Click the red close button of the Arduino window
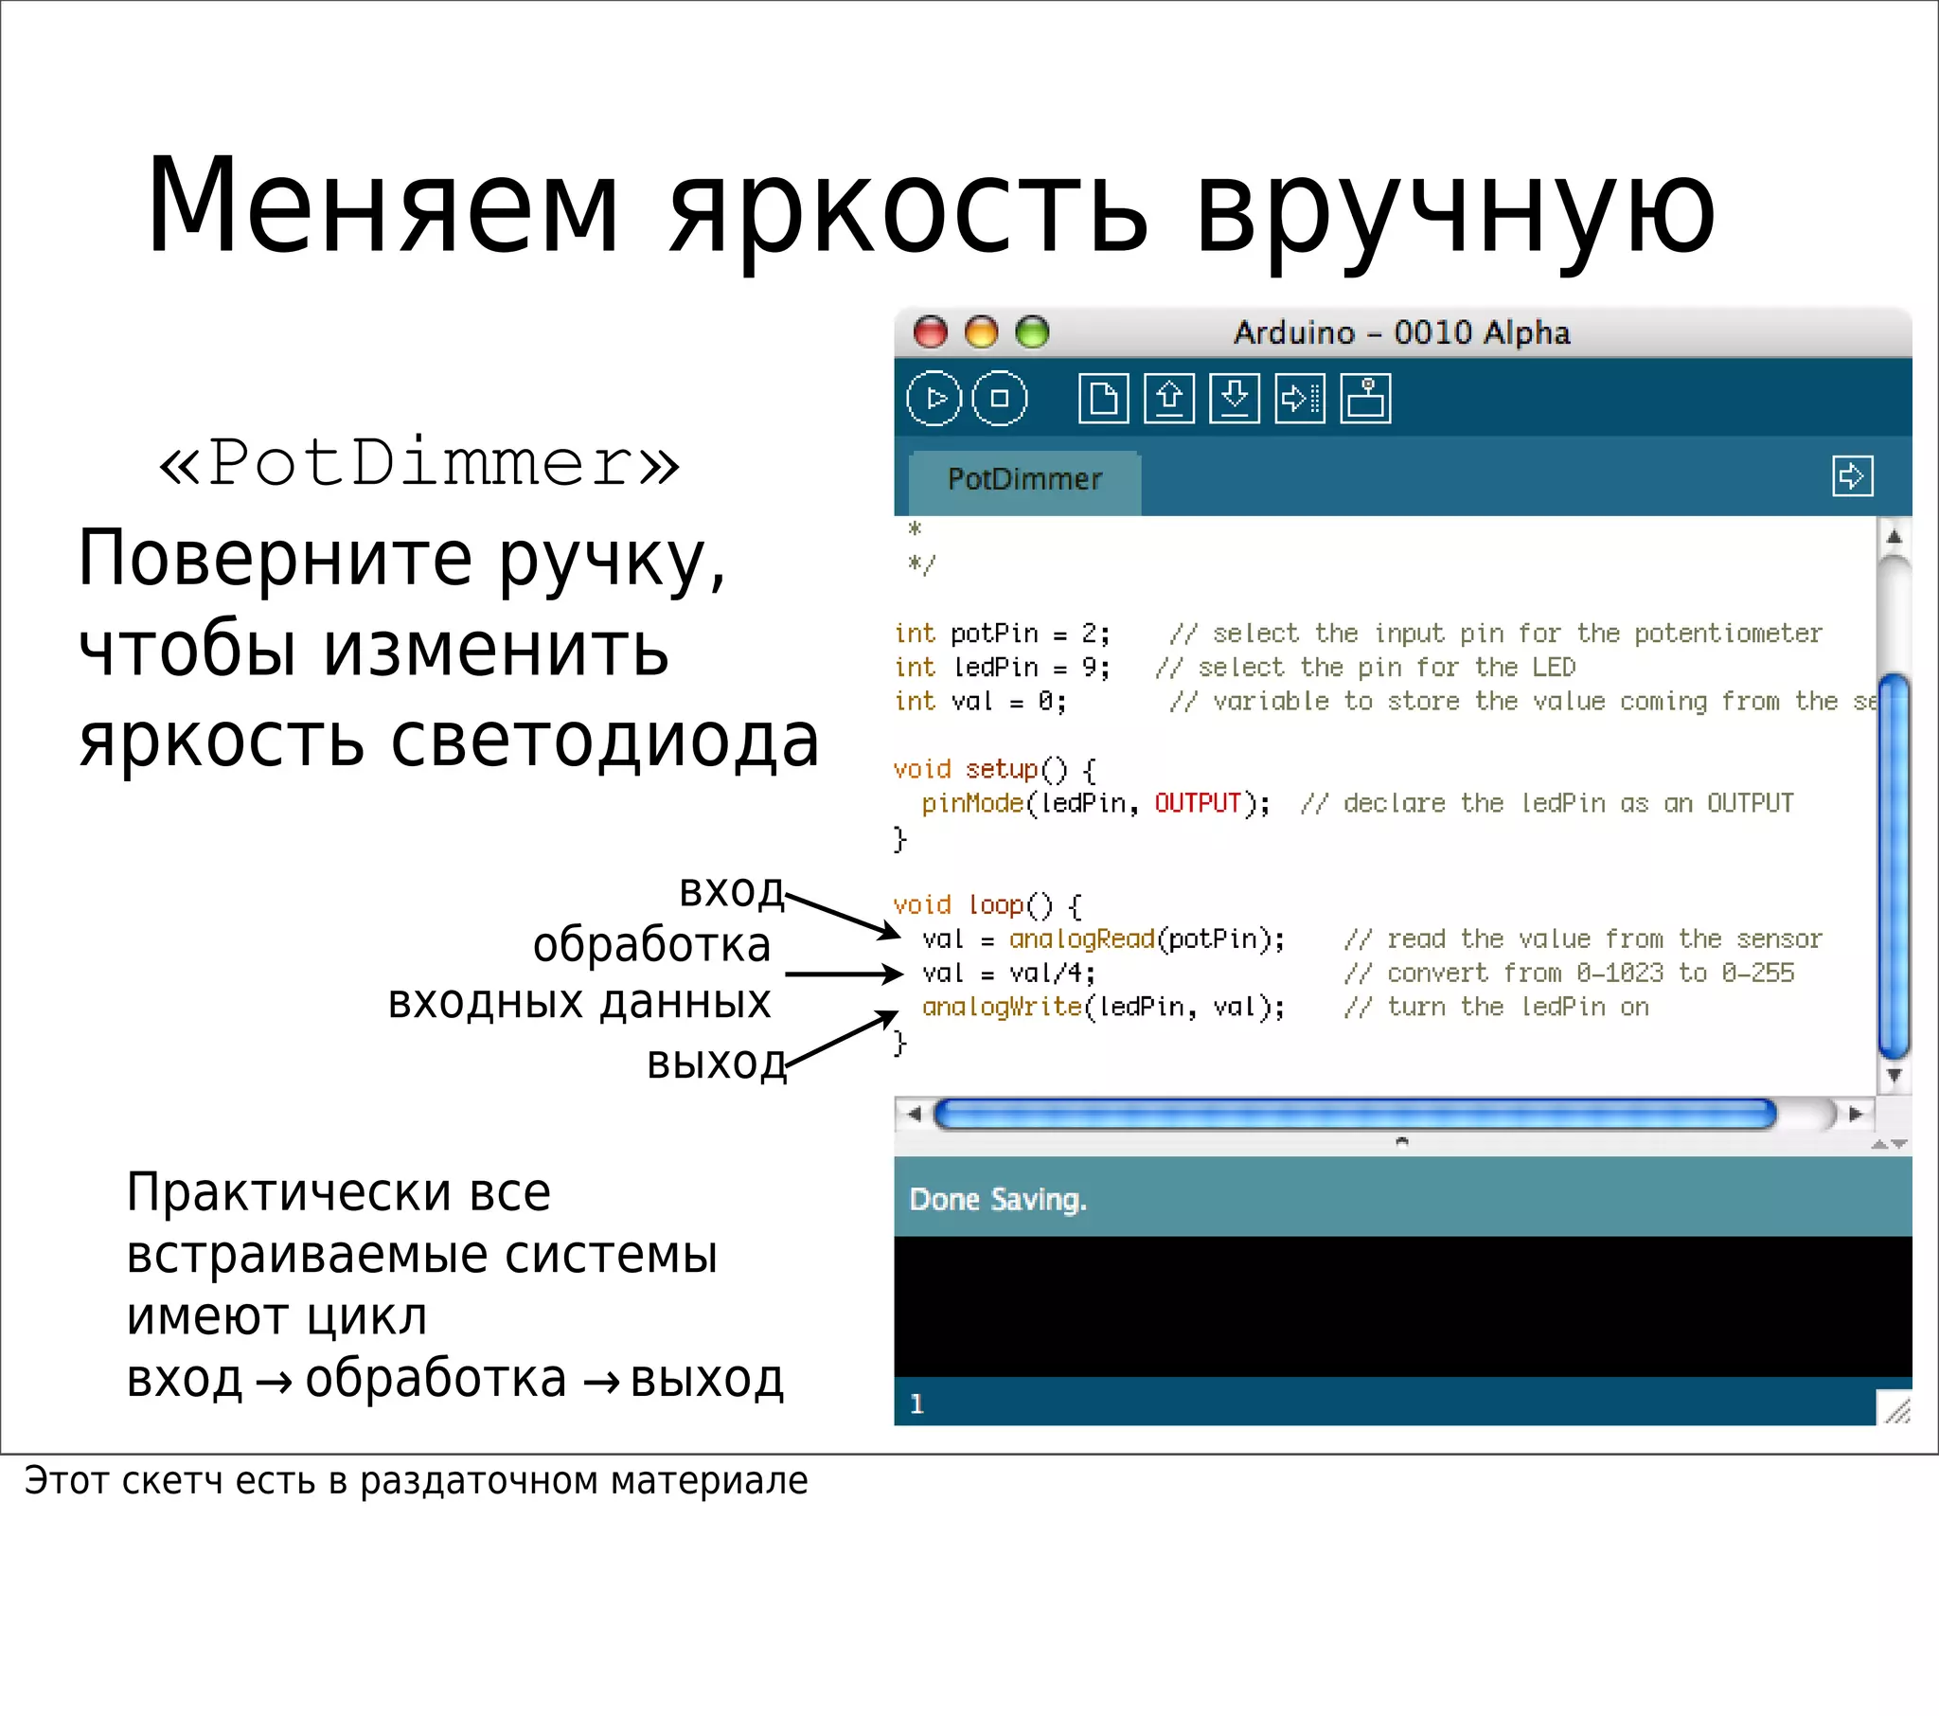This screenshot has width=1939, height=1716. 930,331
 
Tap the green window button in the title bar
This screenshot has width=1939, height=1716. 1032,331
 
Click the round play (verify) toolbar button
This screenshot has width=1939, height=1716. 934,398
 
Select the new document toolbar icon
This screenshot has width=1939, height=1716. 1103,398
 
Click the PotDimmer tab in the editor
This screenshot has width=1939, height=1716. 1024,479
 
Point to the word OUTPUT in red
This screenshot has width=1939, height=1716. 1197,803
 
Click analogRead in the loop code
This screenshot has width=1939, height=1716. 1081,938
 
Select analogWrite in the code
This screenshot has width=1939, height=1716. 1002,1007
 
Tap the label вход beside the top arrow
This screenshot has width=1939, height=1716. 732,890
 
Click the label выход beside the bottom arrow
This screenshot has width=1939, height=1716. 716,1063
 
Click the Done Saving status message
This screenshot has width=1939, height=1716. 997,1200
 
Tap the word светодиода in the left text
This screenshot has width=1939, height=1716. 604,741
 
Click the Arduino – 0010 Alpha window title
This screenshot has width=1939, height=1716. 1402,332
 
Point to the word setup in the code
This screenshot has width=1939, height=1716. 1002,769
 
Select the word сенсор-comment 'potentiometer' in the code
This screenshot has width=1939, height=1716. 1728,633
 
